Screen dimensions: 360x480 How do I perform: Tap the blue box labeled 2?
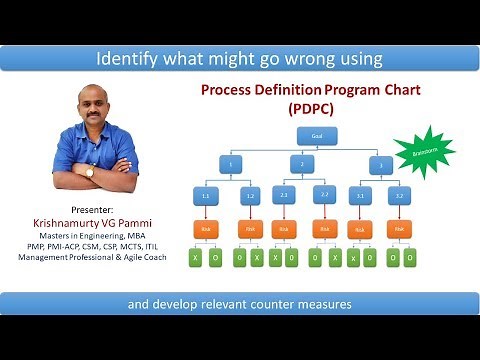point(302,163)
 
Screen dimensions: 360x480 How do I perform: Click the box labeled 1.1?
point(206,197)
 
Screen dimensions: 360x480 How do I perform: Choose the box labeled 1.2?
point(251,197)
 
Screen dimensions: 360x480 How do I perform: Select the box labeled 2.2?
point(325,197)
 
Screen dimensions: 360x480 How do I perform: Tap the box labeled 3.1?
point(360,197)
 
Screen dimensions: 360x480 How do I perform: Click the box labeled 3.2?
point(400,197)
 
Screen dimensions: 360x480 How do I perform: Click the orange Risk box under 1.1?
point(206,229)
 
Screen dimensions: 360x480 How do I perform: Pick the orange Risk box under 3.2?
point(400,229)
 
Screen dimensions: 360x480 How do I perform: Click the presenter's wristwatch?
point(89,171)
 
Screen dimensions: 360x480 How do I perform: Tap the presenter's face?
point(97,108)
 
